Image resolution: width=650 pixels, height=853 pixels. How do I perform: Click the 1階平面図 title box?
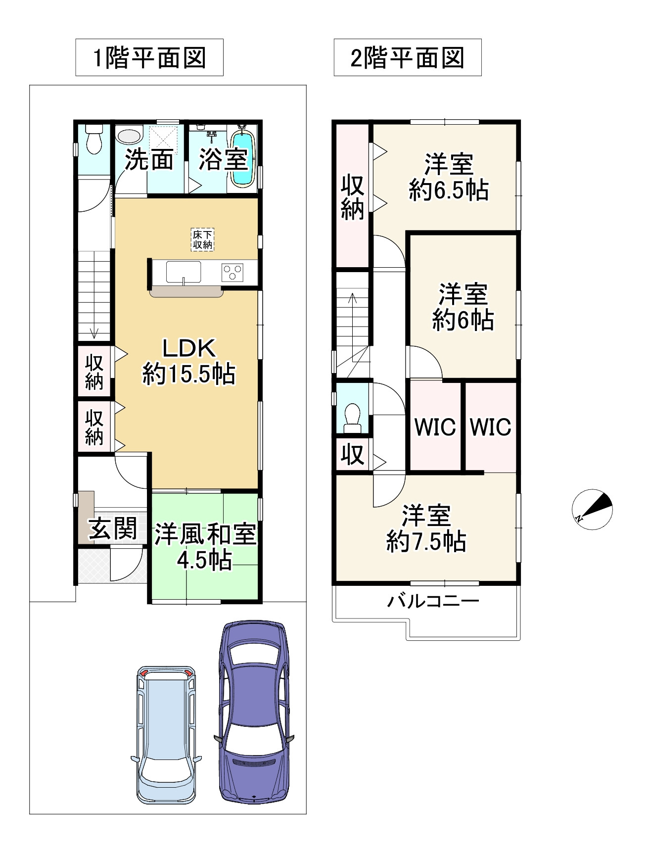pos(149,57)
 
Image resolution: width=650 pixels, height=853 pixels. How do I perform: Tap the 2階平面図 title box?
pos(408,57)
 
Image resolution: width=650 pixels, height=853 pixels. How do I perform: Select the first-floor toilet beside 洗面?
pos(93,139)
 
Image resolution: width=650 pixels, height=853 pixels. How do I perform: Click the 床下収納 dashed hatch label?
pos(202,239)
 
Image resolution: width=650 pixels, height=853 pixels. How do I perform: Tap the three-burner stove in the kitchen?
pos(232,272)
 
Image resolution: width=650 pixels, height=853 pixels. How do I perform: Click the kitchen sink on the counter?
pos(184,272)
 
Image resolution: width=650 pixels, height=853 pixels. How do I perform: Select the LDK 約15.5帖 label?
pos(189,361)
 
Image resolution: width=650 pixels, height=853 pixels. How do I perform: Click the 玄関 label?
pos(113,529)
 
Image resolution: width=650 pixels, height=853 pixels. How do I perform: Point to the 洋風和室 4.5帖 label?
pos(205,547)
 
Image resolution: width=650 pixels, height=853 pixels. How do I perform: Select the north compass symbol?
pos(592,510)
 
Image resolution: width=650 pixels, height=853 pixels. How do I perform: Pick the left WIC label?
pos(435,426)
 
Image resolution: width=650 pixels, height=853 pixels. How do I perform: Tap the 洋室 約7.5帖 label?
pos(426,528)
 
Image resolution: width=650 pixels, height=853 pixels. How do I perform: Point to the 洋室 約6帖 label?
pos(463,307)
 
